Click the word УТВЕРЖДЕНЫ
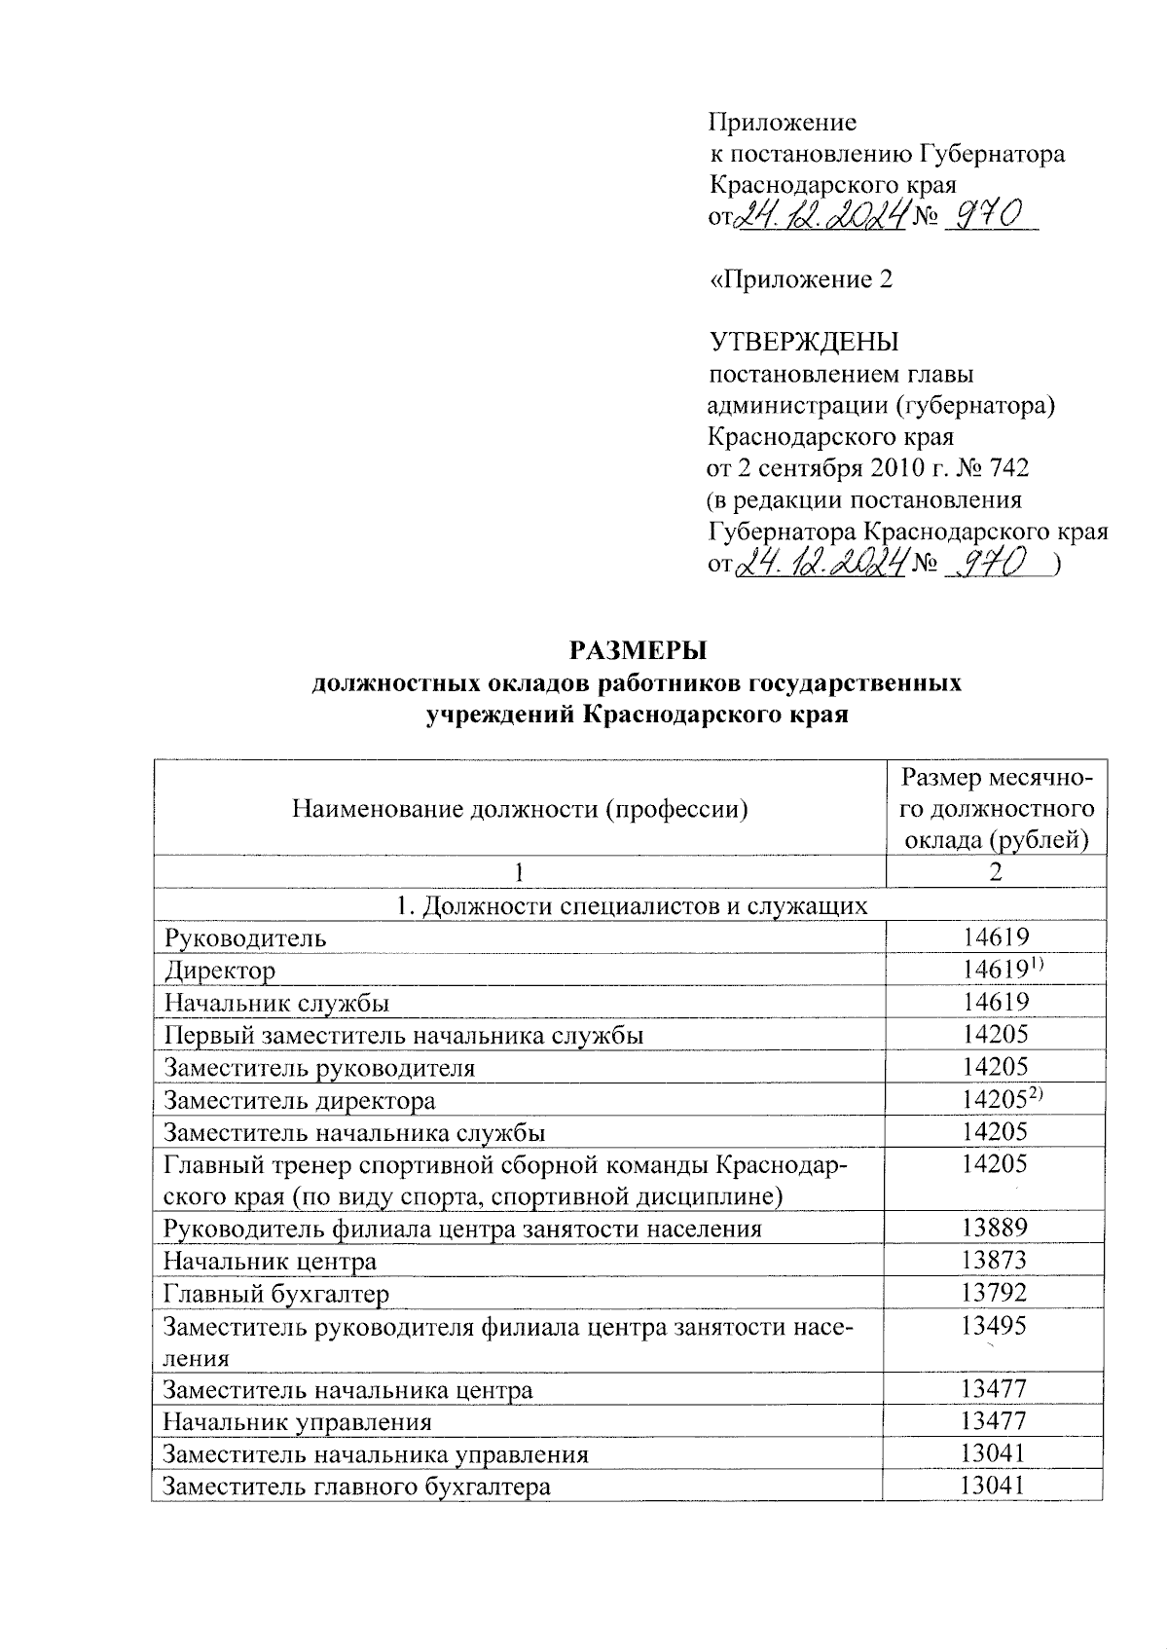tap(804, 343)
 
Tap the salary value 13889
tap(994, 1228)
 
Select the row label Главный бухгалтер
tap(276, 1293)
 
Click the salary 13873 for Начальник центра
tap(994, 1261)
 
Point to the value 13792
tap(994, 1293)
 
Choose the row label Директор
tap(220, 971)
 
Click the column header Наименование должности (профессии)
tap(520, 808)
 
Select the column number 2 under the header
tap(995, 871)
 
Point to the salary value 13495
tap(994, 1325)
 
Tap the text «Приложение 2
tap(801, 279)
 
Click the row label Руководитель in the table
tap(245, 937)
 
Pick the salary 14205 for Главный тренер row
tap(994, 1163)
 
